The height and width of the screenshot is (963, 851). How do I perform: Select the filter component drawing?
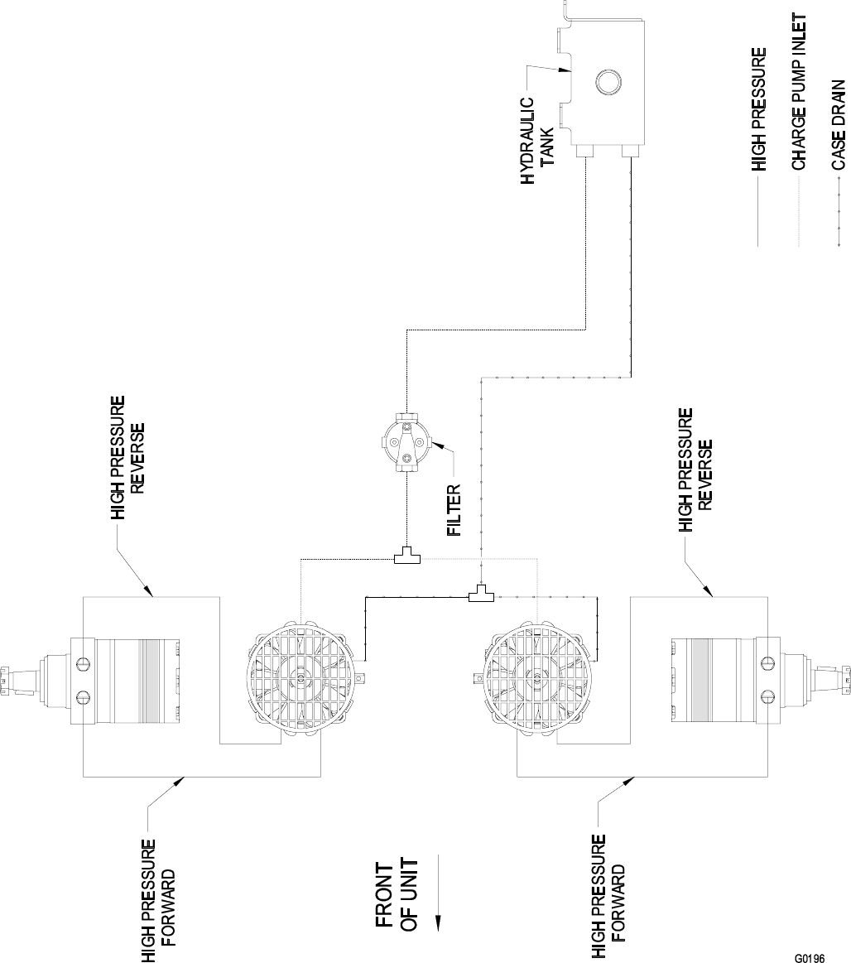click(x=406, y=445)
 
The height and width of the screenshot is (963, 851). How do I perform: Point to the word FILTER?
click(x=454, y=509)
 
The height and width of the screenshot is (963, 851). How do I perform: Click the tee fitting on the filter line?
click(x=406, y=559)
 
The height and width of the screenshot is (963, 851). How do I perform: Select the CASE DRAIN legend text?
click(x=838, y=124)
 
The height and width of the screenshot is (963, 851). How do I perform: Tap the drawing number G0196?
click(x=809, y=958)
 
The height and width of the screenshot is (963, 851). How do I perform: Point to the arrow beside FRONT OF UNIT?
click(x=438, y=890)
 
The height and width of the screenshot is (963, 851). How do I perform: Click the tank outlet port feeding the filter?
click(x=585, y=151)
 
